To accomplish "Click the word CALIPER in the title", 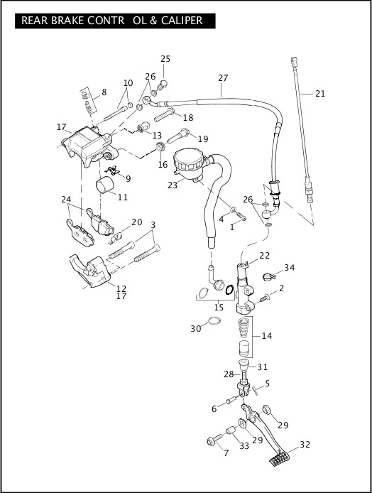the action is pos(182,21).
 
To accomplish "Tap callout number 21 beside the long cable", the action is pos(320,93).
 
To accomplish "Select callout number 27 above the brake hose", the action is pos(223,77).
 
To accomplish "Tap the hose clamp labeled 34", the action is pos(268,276).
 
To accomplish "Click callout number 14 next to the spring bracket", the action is pos(266,336).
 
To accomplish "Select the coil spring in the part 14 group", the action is pos(244,327).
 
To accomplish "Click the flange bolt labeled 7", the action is pos(215,439).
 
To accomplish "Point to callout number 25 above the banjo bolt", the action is pos(165,59).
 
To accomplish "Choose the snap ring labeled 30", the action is pos(214,321).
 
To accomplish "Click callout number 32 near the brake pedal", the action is pos(305,444).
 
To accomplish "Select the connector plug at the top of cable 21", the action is pos(294,60).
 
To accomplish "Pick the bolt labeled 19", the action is pos(177,136).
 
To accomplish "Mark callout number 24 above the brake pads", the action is pos(66,200).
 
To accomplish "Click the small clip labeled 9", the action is pos(113,170).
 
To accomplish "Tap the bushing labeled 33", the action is pos(232,430).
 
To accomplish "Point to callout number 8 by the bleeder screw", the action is pos(104,92).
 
